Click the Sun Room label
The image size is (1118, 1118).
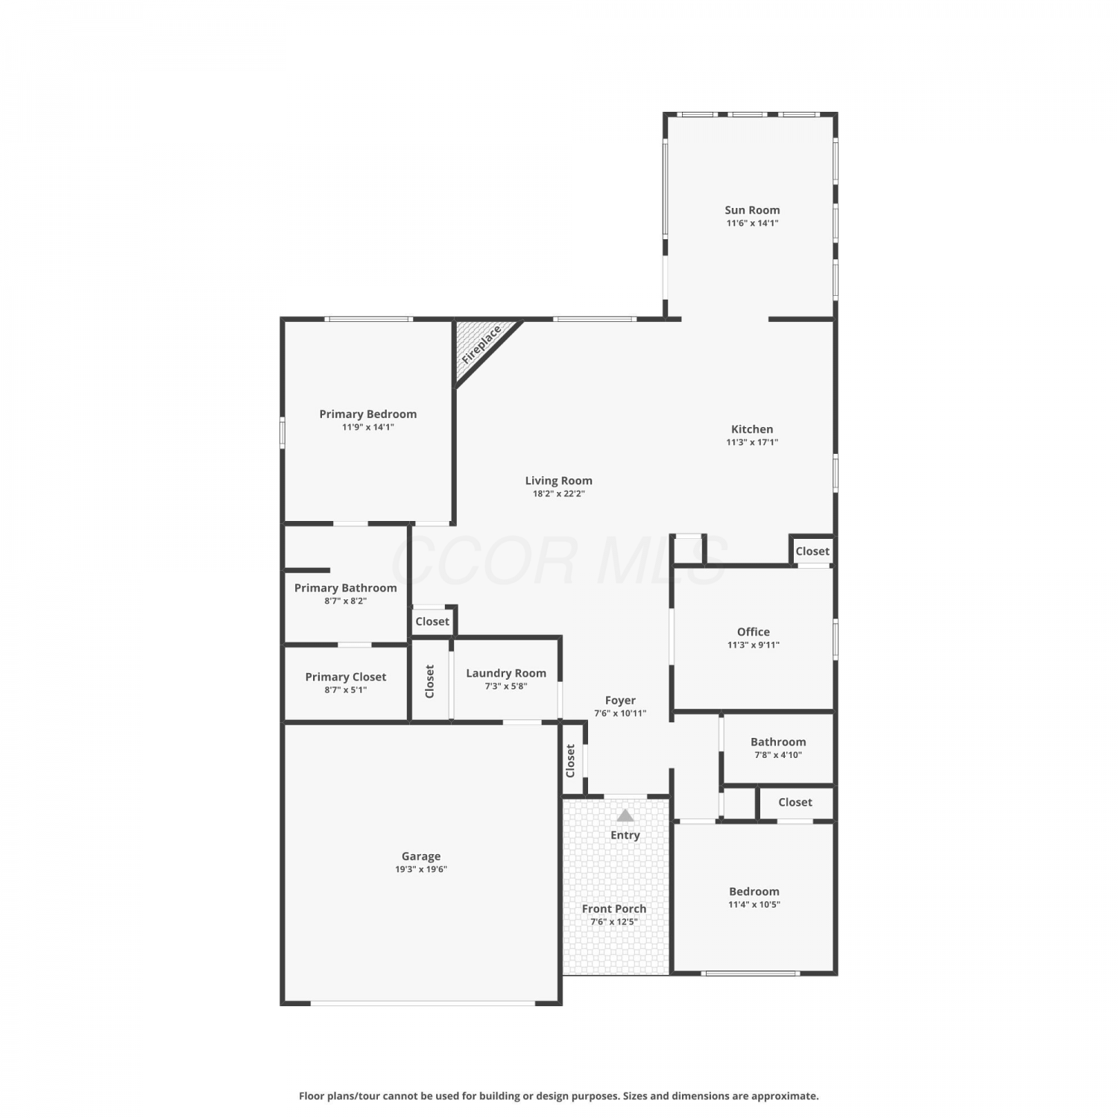[752, 210]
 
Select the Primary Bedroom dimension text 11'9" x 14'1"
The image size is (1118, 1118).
[368, 427]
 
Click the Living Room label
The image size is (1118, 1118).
[558, 481]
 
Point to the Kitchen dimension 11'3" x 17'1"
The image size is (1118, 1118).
[752, 442]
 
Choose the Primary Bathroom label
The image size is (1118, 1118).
[345, 588]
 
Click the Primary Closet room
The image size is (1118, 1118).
[346, 683]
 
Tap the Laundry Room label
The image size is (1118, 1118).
[506, 673]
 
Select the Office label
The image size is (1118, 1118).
[754, 632]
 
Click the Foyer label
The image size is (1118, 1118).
[620, 701]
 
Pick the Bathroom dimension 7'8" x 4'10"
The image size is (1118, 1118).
[778, 755]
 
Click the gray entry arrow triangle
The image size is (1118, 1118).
[625, 815]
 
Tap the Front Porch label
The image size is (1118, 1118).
[614, 909]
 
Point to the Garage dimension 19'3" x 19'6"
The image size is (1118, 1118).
[421, 869]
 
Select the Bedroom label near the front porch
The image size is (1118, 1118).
[754, 891]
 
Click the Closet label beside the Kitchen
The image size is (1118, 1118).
[812, 552]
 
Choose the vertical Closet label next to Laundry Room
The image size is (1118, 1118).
[429, 681]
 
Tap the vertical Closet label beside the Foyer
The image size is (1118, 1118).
[570, 761]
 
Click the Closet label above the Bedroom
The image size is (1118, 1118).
[795, 802]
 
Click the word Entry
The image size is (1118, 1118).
[625, 836]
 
